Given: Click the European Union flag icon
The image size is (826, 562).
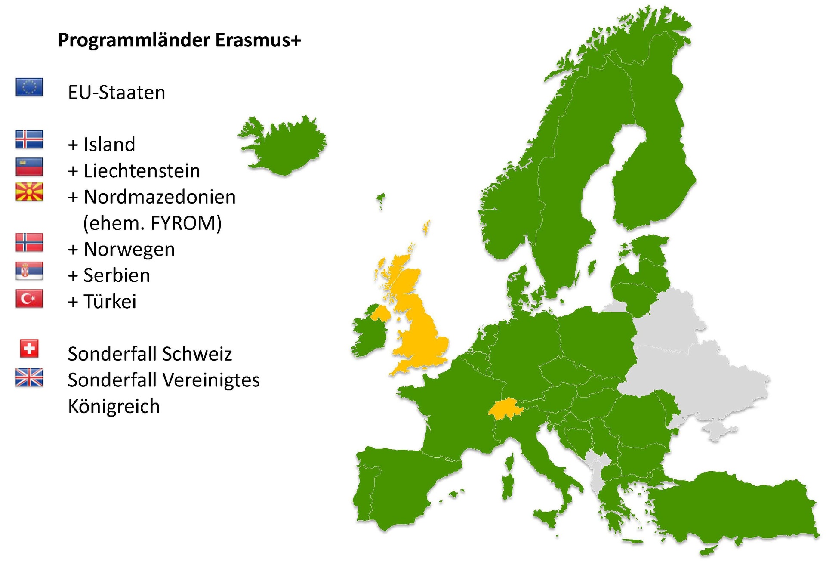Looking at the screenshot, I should (x=29, y=87).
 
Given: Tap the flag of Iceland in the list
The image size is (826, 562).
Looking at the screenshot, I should (x=29, y=139).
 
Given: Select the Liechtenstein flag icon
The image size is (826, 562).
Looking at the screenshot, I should (x=29, y=167).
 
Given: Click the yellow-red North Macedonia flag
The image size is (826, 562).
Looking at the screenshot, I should (x=29, y=192).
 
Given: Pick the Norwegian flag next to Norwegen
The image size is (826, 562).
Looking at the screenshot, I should (x=29, y=243).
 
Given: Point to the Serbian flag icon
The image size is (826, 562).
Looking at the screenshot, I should (x=29, y=271).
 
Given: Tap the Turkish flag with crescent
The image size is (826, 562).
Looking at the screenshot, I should (x=29, y=298).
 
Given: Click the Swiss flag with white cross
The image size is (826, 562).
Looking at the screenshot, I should (x=29, y=349).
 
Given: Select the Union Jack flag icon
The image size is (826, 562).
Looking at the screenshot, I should (x=29, y=377).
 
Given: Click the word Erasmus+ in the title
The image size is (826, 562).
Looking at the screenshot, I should (x=258, y=40).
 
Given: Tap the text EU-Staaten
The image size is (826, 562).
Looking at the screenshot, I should (x=117, y=93).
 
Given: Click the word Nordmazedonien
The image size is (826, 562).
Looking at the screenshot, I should (x=160, y=197).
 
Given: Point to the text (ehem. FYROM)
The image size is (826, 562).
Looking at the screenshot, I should (x=152, y=223).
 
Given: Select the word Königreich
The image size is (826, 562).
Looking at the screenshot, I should (x=114, y=407).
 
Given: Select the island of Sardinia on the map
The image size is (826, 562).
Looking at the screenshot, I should (x=508, y=482).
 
